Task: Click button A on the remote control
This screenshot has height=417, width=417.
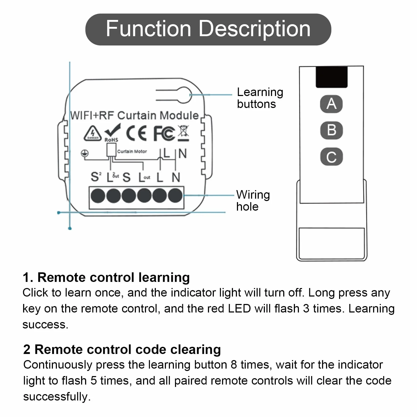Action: [331, 104]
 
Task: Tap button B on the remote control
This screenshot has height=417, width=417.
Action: [331, 130]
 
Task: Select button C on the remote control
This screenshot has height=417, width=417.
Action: [331, 157]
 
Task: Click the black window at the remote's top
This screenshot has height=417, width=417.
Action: [332, 77]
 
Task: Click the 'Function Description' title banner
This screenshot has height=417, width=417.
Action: [208, 29]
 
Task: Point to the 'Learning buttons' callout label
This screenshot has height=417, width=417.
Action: [260, 98]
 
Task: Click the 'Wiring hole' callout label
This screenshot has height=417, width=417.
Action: [253, 201]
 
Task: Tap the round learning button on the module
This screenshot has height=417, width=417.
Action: [184, 95]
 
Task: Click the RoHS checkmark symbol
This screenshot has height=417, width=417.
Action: [112, 133]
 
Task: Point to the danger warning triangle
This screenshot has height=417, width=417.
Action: [93, 133]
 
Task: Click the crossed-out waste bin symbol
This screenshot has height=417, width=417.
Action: [184, 133]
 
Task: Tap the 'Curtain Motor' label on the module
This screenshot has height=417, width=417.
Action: [132, 151]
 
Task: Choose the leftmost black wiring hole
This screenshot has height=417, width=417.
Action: [98, 196]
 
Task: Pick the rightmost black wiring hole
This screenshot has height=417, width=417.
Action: [175, 196]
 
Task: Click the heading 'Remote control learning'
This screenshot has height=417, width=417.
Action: [114, 277]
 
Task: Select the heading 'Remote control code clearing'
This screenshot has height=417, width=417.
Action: [128, 349]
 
